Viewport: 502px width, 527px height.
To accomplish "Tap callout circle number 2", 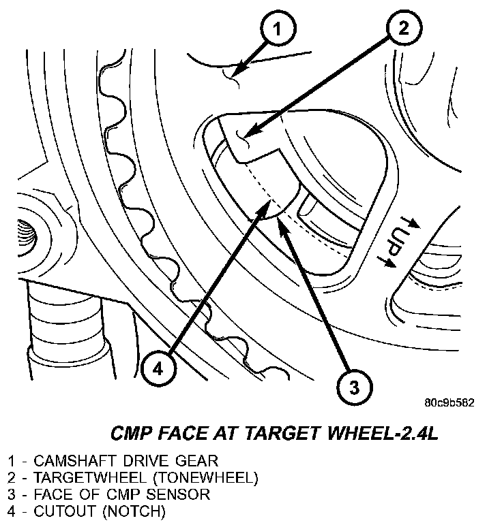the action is (x=403, y=28).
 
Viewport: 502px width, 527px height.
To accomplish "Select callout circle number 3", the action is (x=354, y=387).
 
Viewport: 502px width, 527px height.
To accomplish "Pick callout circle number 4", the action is (x=158, y=368).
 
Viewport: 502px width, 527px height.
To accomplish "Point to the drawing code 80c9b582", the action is (x=449, y=402).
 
